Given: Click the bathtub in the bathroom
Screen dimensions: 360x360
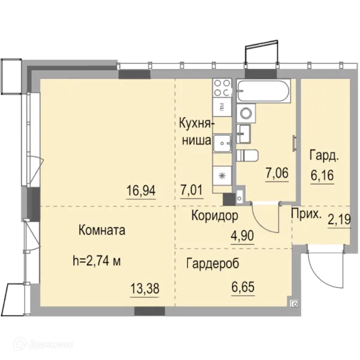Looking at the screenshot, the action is coord(263,91).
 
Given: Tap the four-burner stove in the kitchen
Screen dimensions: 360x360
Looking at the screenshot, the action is coord(222,88).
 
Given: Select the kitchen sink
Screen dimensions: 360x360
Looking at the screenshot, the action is coord(222,143).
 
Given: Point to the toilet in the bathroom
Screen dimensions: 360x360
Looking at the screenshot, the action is coord(247,155).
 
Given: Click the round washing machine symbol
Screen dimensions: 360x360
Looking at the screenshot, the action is coord(246,113).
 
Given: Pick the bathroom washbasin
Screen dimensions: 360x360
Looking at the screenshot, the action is coord(244,134).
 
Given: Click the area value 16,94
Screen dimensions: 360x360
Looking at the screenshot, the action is coord(141,191).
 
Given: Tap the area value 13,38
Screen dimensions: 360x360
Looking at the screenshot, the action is coord(145,289).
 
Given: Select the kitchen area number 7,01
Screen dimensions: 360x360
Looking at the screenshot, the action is coord(192,190).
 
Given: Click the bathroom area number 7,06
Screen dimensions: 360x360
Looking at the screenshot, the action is coord(277,173).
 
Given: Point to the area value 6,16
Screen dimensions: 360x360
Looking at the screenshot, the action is coord(322,176).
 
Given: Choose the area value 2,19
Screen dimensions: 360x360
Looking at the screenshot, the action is coord(340,220).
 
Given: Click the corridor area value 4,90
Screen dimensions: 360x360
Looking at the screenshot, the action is coord(242,236).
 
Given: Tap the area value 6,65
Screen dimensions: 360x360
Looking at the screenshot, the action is coord(243,287).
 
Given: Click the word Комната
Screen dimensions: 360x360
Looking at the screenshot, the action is coord(102,230).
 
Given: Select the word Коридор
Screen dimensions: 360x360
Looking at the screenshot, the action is coord(215,216).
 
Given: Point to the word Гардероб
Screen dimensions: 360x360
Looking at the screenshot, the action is coord(212,263).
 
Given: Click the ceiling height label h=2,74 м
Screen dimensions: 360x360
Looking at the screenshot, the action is coord(97,261).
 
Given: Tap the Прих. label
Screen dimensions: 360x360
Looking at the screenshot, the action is coord(306,214).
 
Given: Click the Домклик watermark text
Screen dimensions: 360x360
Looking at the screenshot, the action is coord(52,345).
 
